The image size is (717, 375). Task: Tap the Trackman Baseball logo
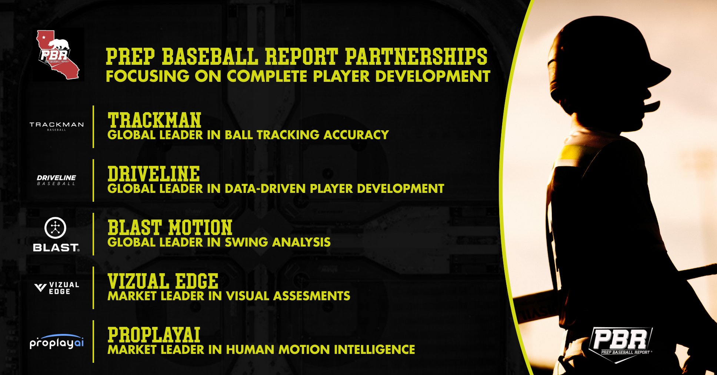point(57,126)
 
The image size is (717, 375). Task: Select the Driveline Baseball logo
point(56,180)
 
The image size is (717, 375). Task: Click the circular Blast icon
point(55,228)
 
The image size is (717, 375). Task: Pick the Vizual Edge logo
point(57,288)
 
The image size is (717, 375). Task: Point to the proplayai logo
point(57,342)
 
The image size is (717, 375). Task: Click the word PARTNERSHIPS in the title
point(416,56)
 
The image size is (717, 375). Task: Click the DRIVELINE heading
point(154,174)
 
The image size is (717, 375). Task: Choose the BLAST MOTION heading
point(170,227)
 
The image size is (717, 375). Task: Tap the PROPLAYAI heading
point(154,335)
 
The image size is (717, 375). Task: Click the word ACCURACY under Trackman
point(356,135)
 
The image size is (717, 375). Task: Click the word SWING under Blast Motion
point(246,242)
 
